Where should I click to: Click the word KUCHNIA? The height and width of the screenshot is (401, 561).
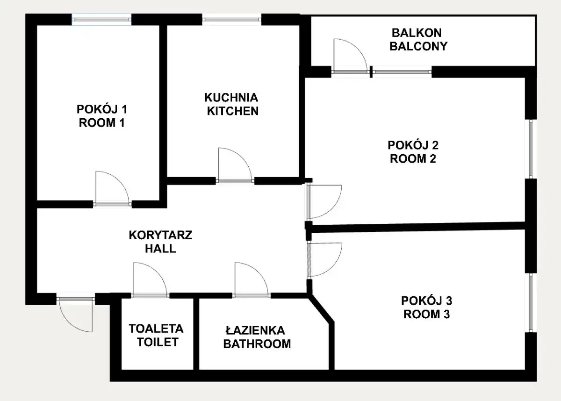pyautogui.click(x=231, y=98)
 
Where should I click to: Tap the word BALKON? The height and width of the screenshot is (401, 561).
pyautogui.click(x=417, y=33)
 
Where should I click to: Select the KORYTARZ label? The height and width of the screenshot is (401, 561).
pyautogui.click(x=160, y=235)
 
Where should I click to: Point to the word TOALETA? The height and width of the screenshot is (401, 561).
pyautogui.click(x=156, y=329)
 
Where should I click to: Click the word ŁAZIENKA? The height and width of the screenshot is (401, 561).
pyautogui.click(x=255, y=330)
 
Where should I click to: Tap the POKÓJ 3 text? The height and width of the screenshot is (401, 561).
pyautogui.click(x=427, y=301)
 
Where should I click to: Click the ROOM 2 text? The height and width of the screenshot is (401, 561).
pyautogui.click(x=413, y=159)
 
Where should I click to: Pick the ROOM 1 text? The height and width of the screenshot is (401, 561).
pyautogui.click(x=102, y=123)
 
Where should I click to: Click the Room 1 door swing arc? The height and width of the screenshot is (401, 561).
pyautogui.click(x=120, y=181)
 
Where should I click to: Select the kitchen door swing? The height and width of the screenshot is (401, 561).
pyautogui.click(x=243, y=158)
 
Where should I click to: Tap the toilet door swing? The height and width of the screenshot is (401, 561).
pyautogui.click(x=158, y=273)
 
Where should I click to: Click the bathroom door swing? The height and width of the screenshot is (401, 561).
pyautogui.click(x=259, y=273)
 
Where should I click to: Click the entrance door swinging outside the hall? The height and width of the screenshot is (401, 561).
pyautogui.click(x=68, y=322)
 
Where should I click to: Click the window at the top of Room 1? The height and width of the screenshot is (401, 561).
pyautogui.click(x=101, y=20)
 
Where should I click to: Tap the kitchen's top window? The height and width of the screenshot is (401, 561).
pyautogui.click(x=232, y=20)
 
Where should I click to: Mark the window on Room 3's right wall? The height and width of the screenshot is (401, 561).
pyautogui.click(x=531, y=303)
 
